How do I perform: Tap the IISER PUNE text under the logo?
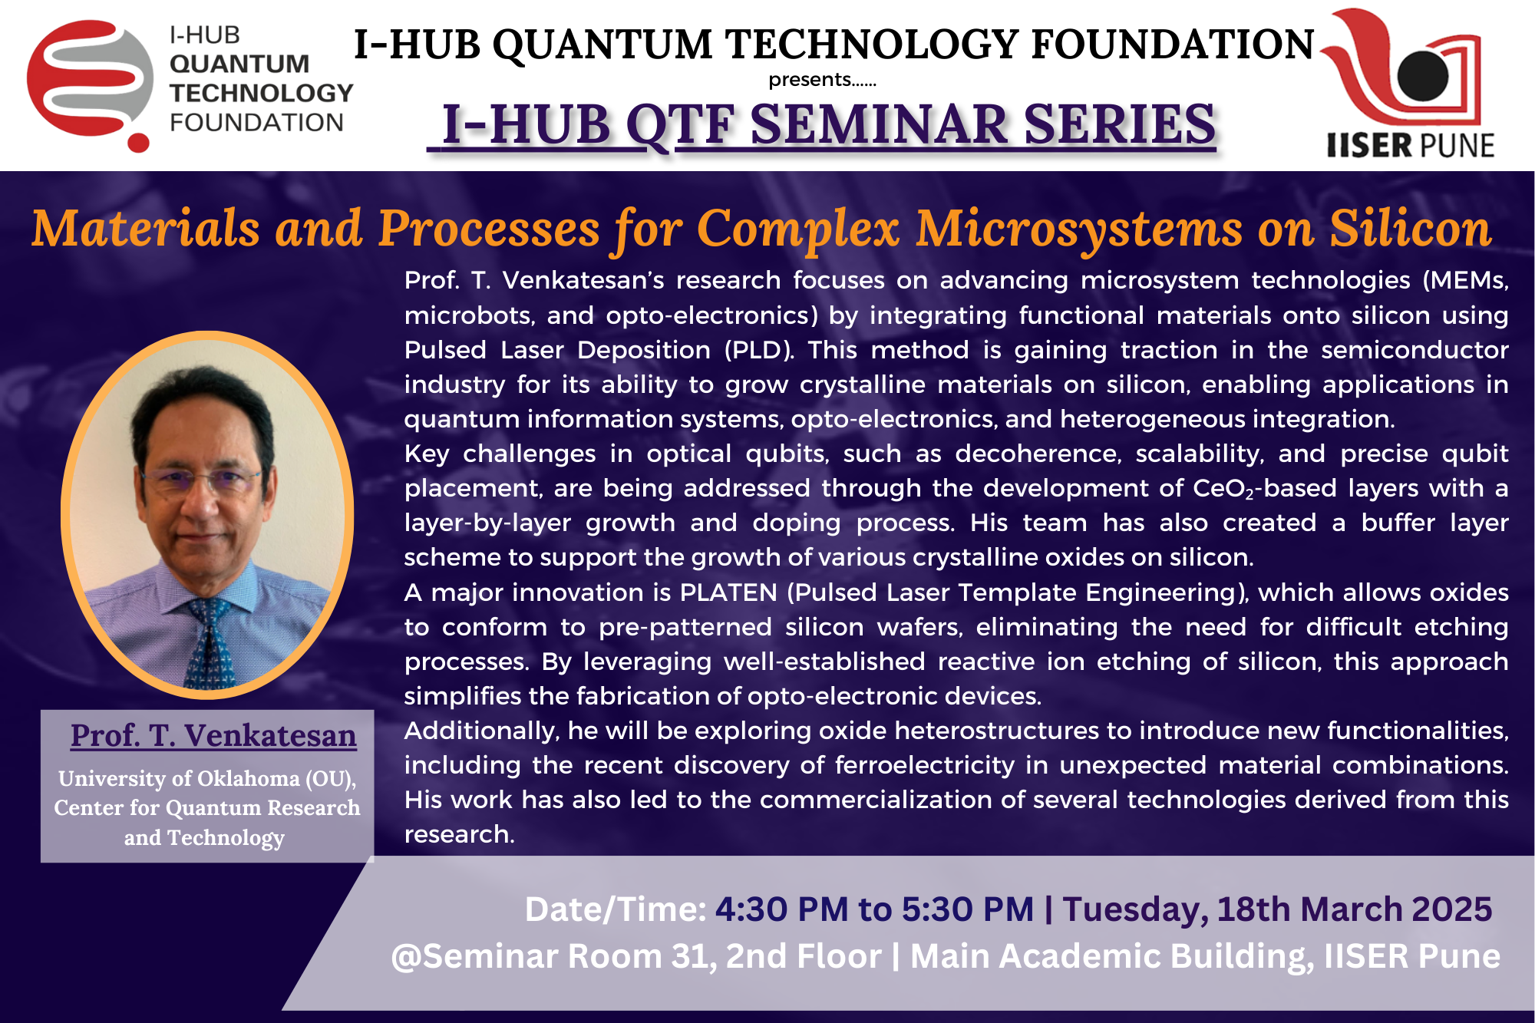1411,145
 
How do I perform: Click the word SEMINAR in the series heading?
880,124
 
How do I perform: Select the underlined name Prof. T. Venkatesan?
213,735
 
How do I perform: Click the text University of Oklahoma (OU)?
207,778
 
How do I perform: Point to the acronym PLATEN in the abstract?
728,592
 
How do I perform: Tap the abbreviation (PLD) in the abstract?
758,350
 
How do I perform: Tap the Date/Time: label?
616,909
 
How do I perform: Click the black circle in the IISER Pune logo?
1423,76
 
